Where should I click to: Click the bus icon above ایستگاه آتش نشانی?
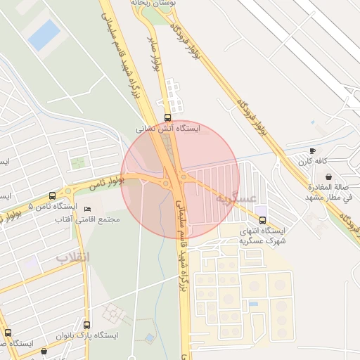click(167, 117)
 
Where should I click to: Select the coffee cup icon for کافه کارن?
click(312, 150)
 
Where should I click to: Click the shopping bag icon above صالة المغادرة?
click(328, 176)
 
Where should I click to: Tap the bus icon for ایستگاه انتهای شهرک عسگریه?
click(262, 220)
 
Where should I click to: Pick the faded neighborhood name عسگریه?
click(236, 198)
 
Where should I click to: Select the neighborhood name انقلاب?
click(74, 257)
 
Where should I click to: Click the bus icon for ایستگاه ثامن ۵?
click(52, 195)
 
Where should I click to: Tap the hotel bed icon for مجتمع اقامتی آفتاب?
click(87, 209)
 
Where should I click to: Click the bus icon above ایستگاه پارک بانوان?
click(86, 325)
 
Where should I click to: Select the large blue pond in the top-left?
click(44, 34)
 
